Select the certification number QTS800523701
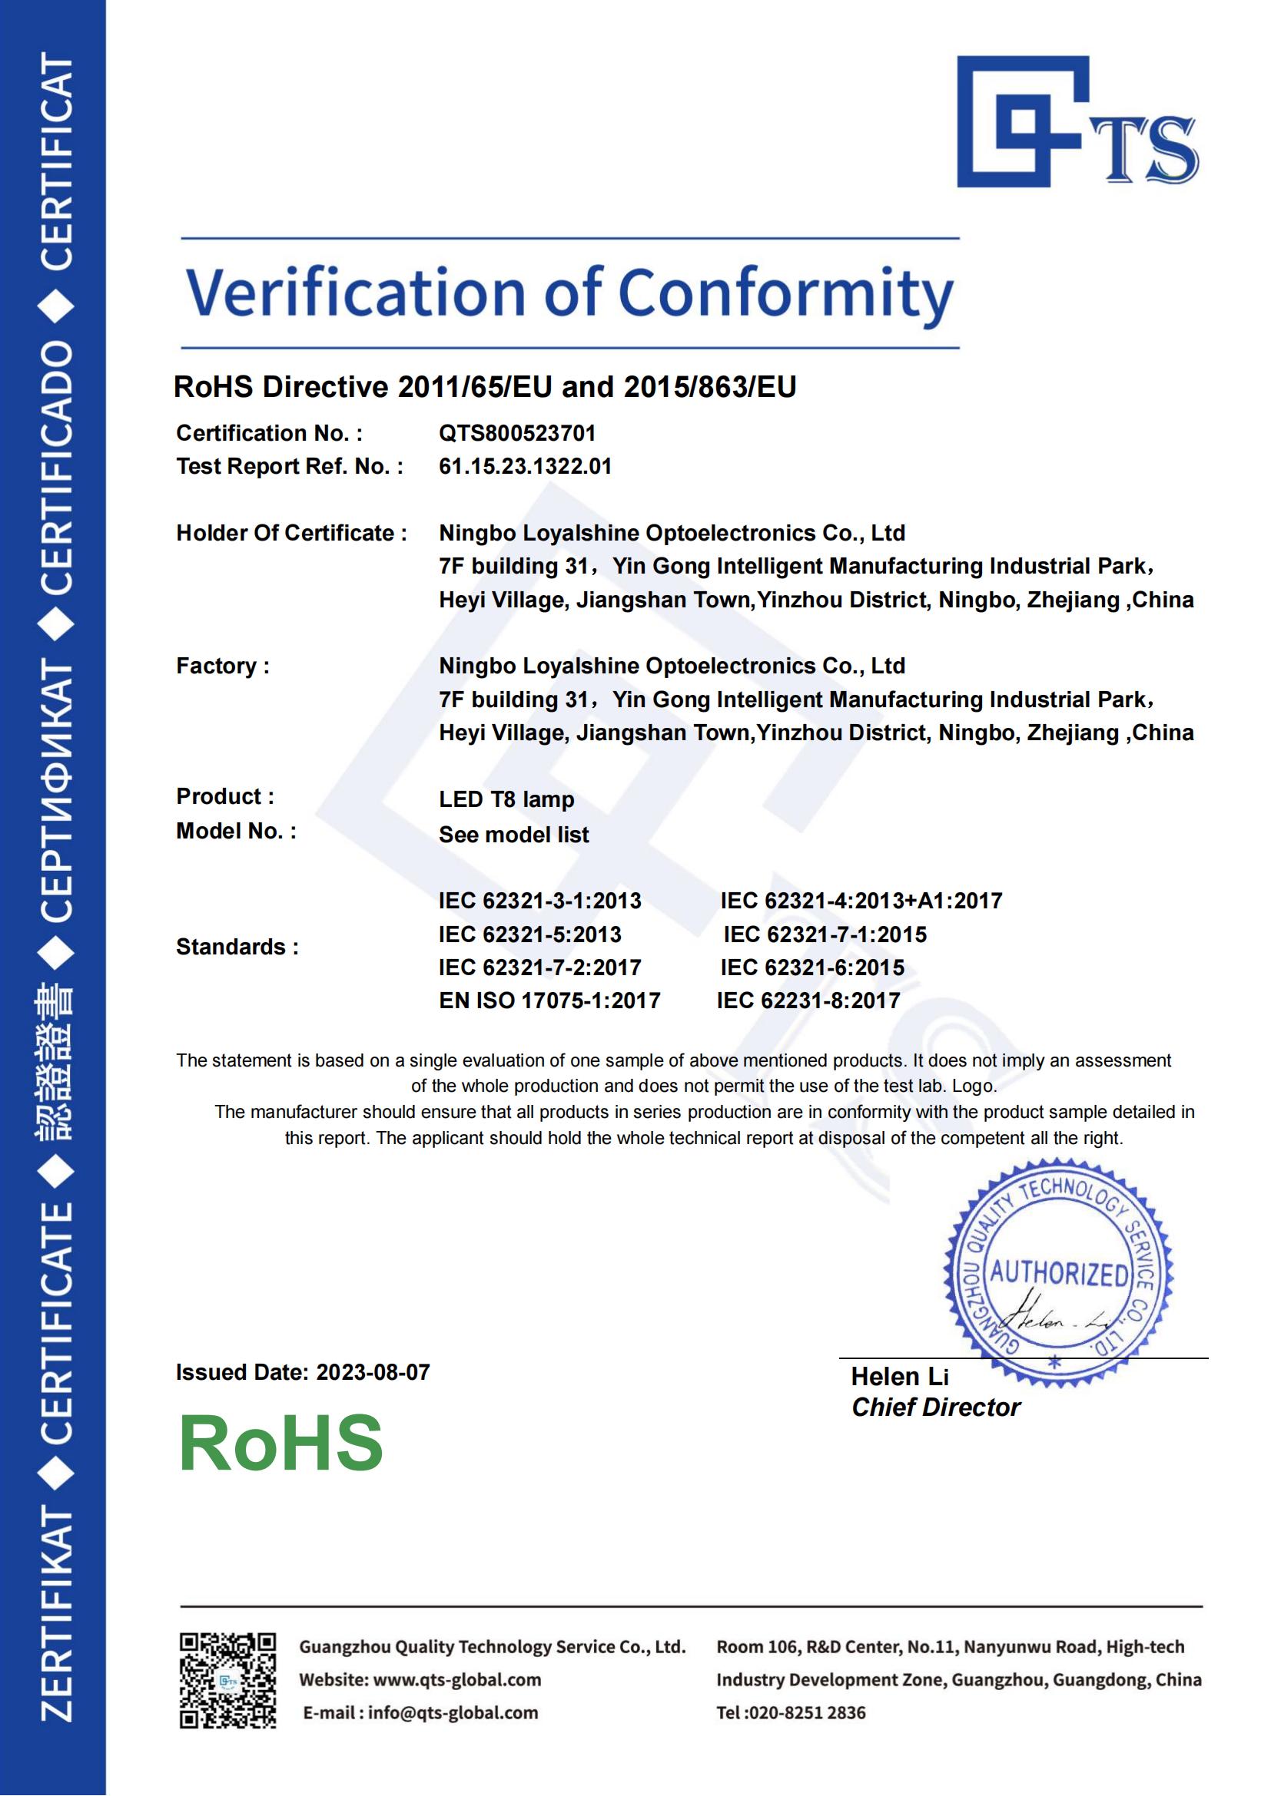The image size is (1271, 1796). pyautogui.click(x=516, y=432)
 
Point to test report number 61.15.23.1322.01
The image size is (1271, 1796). pyautogui.click(x=524, y=466)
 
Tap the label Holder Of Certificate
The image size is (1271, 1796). pyautogui.click(x=290, y=533)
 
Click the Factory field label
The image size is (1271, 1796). pyautogui.click(x=222, y=666)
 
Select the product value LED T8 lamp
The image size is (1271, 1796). pyautogui.click(x=506, y=799)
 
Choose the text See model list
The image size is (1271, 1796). pyautogui.click(x=513, y=834)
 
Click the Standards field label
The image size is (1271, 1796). pyautogui.click(x=237, y=947)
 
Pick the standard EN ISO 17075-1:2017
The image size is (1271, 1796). pyautogui.click(x=549, y=1000)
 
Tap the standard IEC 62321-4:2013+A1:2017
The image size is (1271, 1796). pyautogui.click(x=861, y=901)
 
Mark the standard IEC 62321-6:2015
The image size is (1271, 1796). pyautogui.click(x=811, y=967)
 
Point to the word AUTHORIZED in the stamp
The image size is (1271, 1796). pyautogui.click(x=1059, y=1275)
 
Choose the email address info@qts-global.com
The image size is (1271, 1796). pyautogui.click(x=453, y=1712)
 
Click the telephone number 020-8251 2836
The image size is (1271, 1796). pyautogui.click(x=806, y=1712)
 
